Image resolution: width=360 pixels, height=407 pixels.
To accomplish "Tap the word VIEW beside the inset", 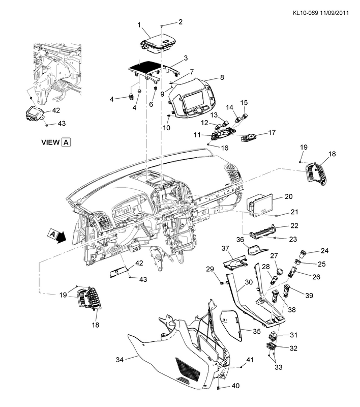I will pyautogui.click(x=50, y=142).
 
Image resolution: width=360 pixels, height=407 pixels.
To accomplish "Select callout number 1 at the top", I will pyautogui.click(x=138, y=25).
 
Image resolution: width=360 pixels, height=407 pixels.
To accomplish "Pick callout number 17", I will pyautogui.click(x=272, y=133).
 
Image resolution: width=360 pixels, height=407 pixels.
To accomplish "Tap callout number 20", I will pyautogui.click(x=288, y=196).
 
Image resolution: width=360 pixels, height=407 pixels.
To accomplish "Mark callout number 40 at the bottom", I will pyautogui.click(x=234, y=386).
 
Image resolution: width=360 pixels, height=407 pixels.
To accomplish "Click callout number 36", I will pyautogui.click(x=241, y=239).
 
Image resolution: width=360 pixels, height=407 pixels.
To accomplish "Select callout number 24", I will pyautogui.click(x=324, y=250).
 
